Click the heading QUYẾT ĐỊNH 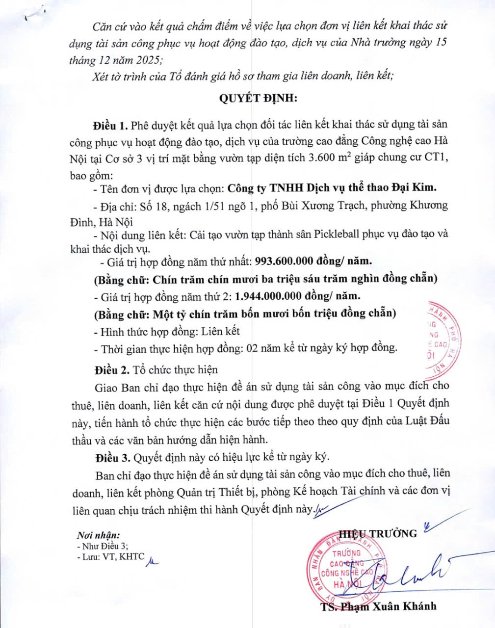point(258,98)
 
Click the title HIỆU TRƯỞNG point(378,533)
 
